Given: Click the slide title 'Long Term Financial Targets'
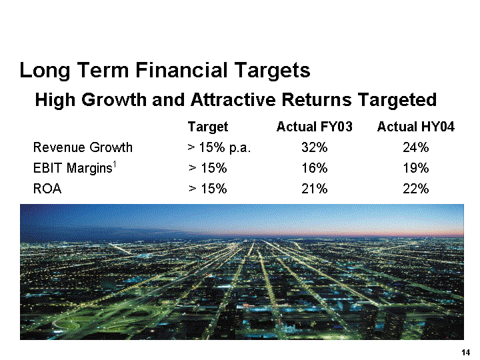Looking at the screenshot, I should click(x=165, y=70).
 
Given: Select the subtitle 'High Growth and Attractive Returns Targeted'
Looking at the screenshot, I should click(x=235, y=100).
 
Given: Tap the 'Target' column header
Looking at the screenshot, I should click(x=208, y=127).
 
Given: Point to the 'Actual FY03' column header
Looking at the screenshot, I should click(x=314, y=127).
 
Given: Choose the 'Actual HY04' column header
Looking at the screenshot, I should click(x=415, y=127).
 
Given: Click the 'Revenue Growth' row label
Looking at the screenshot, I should click(x=83, y=147).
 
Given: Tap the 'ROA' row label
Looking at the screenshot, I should click(x=47, y=189).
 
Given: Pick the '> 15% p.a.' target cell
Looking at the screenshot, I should click(x=219, y=147).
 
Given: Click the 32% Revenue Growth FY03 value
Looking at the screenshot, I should click(x=314, y=147).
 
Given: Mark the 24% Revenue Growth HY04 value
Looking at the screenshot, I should click(x=415, y=147).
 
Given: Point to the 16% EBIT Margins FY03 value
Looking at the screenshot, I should click(x=314, y=168).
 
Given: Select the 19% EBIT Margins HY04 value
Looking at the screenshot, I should click(x=415, y=168).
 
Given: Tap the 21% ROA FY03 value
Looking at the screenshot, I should click(x=314, y=189).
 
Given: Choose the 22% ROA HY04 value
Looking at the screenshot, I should click(x=415, y=189).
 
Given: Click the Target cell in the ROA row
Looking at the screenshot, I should click(x=207, y=189).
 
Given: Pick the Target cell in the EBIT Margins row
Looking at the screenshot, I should click(x=207, y=168).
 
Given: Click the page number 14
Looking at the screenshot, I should click(x=466, y=352).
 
